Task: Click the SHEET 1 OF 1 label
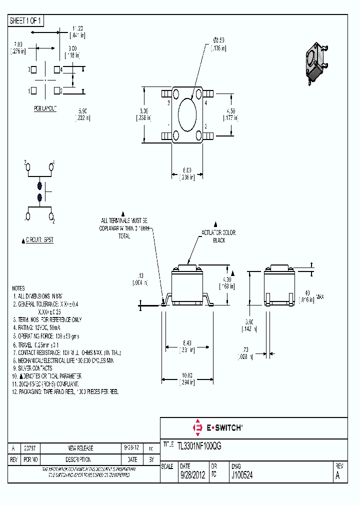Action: tap(26, 20)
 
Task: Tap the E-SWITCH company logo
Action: tap(217, 427)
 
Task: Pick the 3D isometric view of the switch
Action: tap(315, 62)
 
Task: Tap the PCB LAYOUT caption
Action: tap(45, 108)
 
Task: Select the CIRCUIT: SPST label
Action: tap(38, 240)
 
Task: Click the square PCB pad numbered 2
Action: tap(57, 90)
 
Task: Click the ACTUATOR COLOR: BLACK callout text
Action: tap(218, 236)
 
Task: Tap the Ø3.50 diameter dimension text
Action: tap(218, 44)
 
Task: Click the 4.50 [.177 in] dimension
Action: tap(230, 114)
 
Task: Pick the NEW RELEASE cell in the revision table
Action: tap(80, 448)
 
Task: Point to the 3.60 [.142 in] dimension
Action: tap(248, 325)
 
